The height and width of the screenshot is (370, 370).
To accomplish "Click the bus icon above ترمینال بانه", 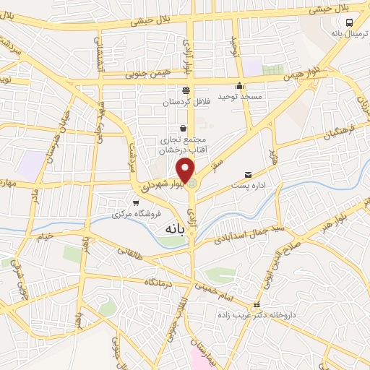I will pyautogui.click(x=350, y=22).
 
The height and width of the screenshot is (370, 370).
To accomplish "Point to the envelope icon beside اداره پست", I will pyautogui.click(x=249, y=175).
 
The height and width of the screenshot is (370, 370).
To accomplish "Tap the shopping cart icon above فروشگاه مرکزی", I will pyautogui.click(x=134, y=203).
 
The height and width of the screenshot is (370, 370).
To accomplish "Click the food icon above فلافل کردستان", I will pyautogui.click(x=186, y=90).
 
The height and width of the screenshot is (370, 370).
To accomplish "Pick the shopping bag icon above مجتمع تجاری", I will pyautogui.click(x=183, y=128).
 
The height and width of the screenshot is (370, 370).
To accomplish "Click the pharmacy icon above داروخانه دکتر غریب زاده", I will pyautogui.click(x=257, y=305).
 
